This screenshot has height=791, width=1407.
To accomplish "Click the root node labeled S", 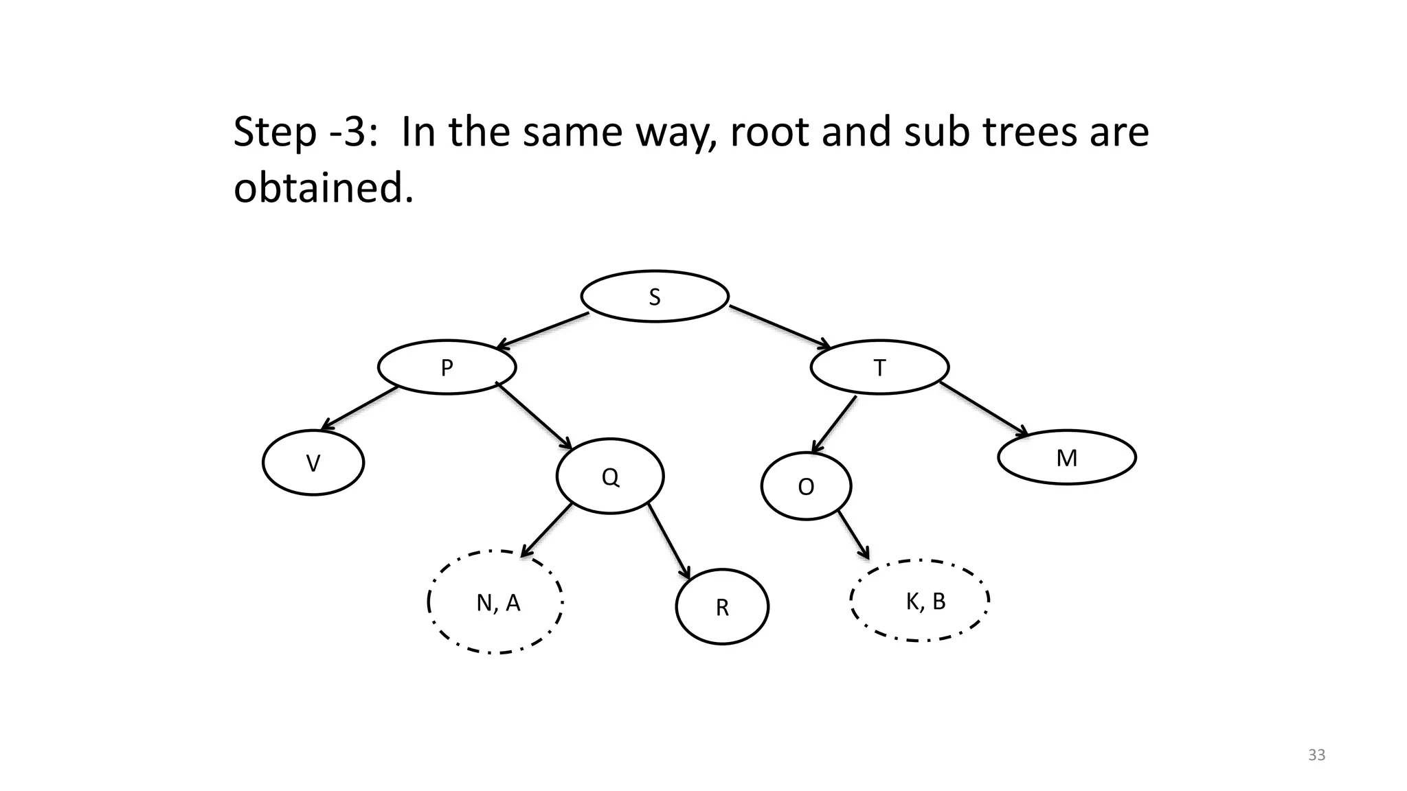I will pyautogui.click(x=654, y=296).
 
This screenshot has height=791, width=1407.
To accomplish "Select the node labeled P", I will pyautogui.click(x=447, y=367).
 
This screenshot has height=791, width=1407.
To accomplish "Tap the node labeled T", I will pyautogui.click(x=879, y=367).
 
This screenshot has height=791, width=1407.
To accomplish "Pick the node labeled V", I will pyautogui.click(x=313, y=463).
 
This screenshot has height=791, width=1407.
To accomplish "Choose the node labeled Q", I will pyautogui.click(x=610, y=476).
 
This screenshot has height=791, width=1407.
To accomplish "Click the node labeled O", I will pyautogui.click(x=806, y=486).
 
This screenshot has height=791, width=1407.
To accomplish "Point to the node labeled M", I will pyautogui.click(x=1066, y=457).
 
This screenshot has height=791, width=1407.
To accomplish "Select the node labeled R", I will pyautogui.click(x=722, y=607).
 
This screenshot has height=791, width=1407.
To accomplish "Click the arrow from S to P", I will pyautogui.click(x=543, y=330).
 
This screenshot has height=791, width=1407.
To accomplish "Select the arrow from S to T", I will pyautogui.click(x=780, y=327).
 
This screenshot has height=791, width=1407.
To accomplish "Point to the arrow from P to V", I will pyautogui.click(x=359, y=409).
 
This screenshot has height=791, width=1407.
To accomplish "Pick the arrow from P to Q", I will pyautogui.click(x=534, y=416).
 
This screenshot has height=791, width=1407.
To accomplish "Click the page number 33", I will pyautogui.click(x=1316, y=755).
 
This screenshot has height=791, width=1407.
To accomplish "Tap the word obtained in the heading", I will pyautogui.click(x=323, y=187).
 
